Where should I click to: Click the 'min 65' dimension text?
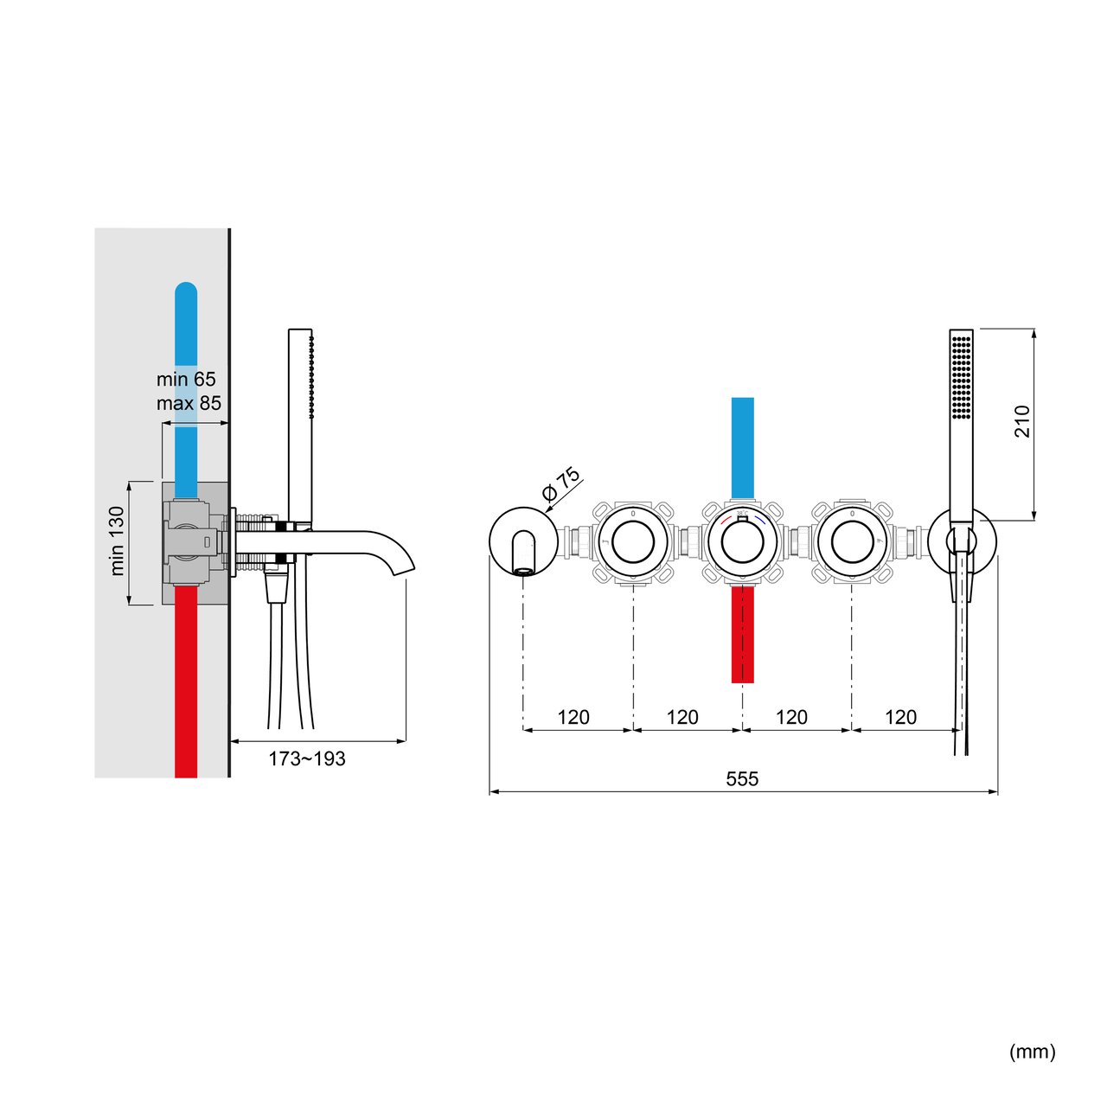(x=186, y=379)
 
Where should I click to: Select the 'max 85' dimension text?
(x=189, y=403)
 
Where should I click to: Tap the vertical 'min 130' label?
(x=118, y=541)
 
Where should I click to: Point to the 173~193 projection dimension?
(x=306, y=758)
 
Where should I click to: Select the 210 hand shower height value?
(x=1023, y=421)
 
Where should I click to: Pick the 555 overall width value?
(x=742, y=779)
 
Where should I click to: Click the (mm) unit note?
(x=1033, y=1052)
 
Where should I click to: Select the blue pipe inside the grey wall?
(x=186, y=346)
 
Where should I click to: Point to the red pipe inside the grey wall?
(x=186, y=683)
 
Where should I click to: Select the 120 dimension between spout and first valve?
(x=573, y=717)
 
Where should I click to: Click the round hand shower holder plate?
(x=961, y=541)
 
